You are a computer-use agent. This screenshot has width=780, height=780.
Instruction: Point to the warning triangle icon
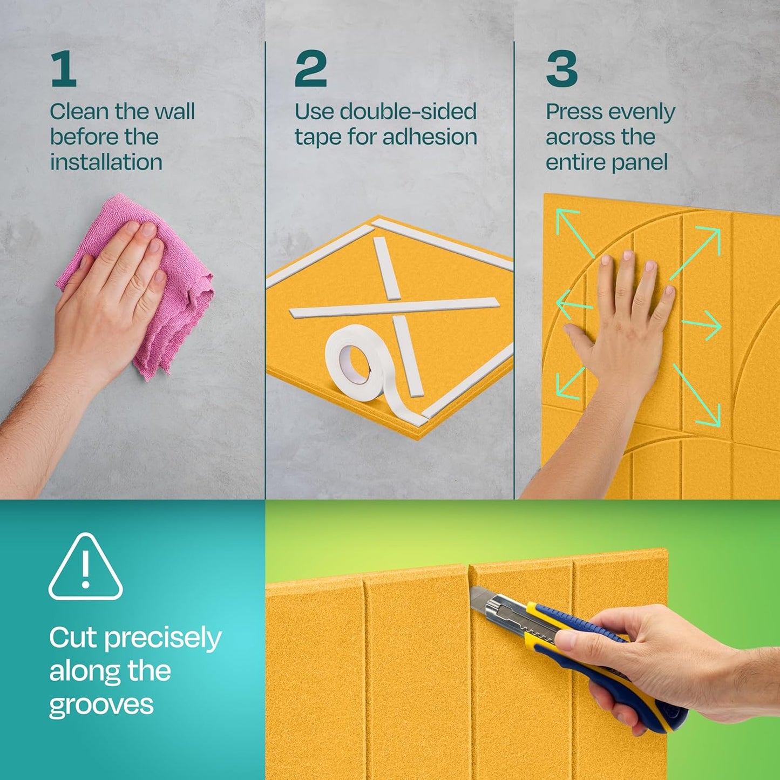point(85,567)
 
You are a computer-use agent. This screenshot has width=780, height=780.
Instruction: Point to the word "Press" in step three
point(571,112)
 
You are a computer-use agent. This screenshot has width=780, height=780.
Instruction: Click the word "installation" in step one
point(106,162)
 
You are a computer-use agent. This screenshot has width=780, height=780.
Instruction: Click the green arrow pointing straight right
point(702,325)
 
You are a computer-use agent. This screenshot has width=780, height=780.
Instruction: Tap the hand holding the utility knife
point(664,664)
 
